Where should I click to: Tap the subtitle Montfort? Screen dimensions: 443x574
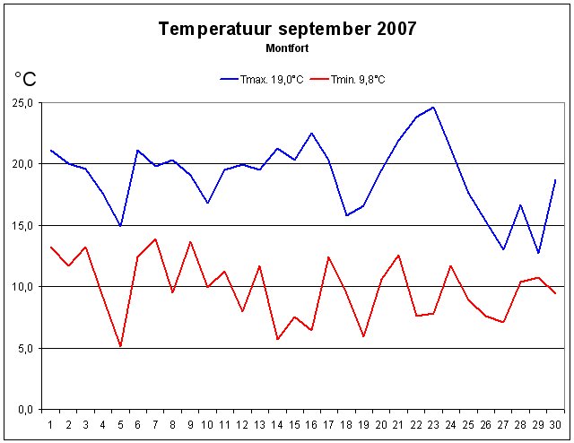(x=287, y=46)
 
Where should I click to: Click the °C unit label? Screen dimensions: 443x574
(x=25, y=80)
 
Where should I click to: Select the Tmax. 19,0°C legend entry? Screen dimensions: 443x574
(x=258, y=80)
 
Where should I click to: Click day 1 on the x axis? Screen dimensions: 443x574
(x=50, y=424)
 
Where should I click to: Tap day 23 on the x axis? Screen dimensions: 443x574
(x=433, y=424)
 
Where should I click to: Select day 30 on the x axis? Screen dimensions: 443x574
(x=555, y=424)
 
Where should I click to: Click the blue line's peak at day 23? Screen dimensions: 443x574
(x=433, y=108)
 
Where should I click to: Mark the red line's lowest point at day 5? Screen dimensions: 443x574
(x=120, y=346)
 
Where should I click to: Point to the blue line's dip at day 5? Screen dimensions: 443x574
(x=120, y=226)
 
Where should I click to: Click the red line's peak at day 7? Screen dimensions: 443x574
(x=155, y=239)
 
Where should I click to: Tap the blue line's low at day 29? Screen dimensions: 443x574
(x=538, y=253)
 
